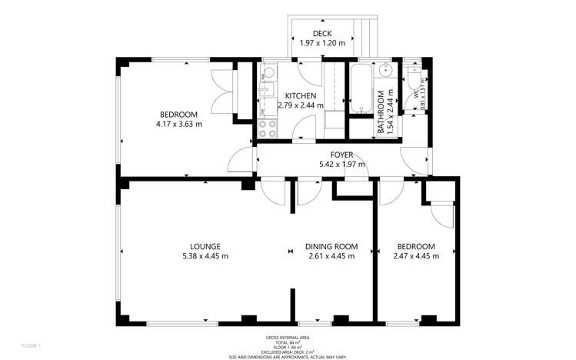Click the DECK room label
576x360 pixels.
point(321,32)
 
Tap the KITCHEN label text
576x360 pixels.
point(300,95)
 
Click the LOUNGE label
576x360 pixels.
point(205,246)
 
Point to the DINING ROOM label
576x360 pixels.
point(331,246)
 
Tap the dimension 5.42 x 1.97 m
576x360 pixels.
point(342,164)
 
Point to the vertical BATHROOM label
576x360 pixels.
point(381,112)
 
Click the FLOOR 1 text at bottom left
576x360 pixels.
point(32,345)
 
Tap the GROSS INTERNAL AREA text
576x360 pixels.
point(287,338)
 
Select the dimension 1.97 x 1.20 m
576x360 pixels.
point(321,43)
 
